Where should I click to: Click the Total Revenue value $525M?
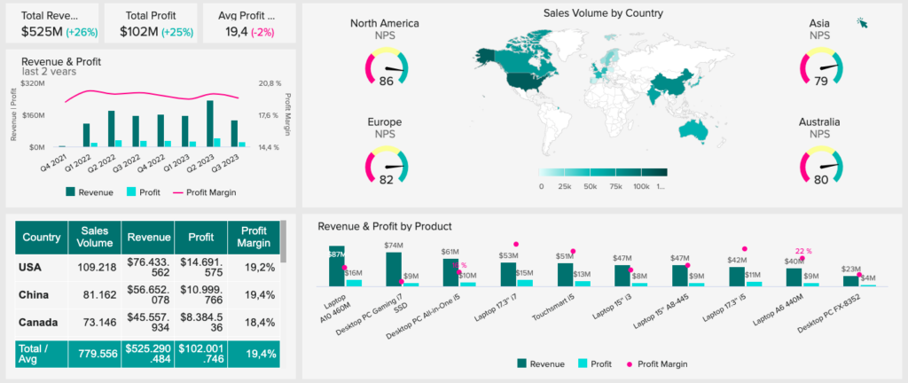41,32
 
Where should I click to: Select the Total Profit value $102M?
139,32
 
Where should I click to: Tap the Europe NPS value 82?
386,179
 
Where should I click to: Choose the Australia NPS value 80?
820,179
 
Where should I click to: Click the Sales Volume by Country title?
602,13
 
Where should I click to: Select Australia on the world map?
693,129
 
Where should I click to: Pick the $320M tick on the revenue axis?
31,83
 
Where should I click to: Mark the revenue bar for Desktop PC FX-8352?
850,280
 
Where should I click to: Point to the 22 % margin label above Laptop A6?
803,251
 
